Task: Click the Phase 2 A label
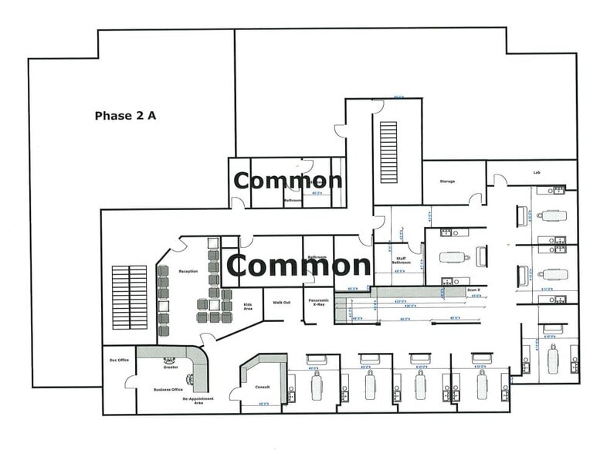(x=125, y=116)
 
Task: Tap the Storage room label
(x=447, y=181)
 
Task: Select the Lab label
(x=536, y=172)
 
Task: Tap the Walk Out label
(x=282, y=302)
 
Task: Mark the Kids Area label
(x=248, y=306)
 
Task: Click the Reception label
(x=188, y=271)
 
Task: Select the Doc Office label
(x=118, y=360)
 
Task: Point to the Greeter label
(x=171, y=368)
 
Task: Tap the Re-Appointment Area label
(x=198, y=399)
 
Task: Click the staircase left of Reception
(x=129, y=297)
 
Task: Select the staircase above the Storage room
(x=388, y=152)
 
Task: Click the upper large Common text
(x=287, y=181)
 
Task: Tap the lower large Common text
(x=298, y=266)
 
